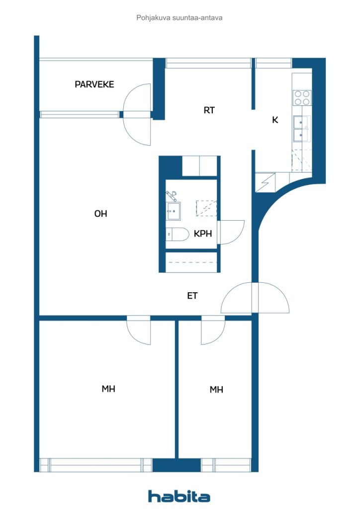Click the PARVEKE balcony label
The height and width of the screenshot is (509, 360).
(94, 85)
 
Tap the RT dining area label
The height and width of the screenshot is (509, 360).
(209, 110)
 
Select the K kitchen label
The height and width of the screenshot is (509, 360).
(275, 120)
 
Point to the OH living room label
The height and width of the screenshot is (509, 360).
(100, 214)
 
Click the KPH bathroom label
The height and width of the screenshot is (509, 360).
(203, 234)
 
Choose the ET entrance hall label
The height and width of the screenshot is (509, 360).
(192, 296)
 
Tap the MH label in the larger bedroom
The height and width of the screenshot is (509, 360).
(108, 389)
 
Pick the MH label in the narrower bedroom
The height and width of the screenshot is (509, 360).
(216, 390)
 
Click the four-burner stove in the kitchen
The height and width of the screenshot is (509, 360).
(302, 98)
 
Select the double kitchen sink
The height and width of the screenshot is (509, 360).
(301, 129)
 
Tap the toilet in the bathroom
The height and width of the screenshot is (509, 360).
(177, 234)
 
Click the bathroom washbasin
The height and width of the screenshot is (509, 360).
(173, 211)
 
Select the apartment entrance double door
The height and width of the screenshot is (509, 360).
(255, 298)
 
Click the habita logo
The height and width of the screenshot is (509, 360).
(179, 497)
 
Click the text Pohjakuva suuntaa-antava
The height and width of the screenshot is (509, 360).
(179, 17)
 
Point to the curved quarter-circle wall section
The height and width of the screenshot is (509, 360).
(276, 201)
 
